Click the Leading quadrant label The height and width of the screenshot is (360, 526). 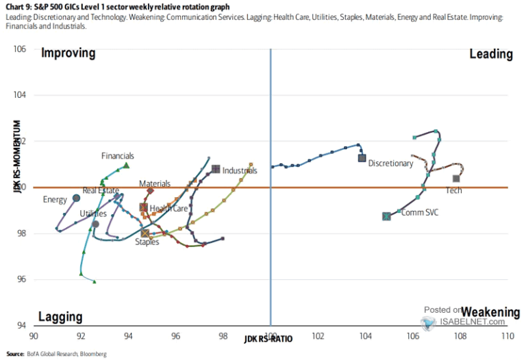click(491, 53)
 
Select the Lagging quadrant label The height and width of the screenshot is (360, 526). click(60, 317)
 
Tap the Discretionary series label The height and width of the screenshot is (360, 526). click(390, 164)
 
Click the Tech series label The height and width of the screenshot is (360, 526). click(454, 190)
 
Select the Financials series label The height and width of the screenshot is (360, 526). click(118, 156)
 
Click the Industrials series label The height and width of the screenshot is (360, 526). click(240, 170)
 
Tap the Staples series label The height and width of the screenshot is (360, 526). click(147, 242)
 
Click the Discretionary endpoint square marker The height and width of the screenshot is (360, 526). click(362, 158)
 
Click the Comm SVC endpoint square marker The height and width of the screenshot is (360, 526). click(386, 216)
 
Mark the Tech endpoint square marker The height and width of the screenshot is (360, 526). click(456, 179)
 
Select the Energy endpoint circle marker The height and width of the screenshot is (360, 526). click(76, 198)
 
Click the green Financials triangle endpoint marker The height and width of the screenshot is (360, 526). click(126, 165)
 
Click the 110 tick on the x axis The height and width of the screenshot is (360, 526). click(507, 337)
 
